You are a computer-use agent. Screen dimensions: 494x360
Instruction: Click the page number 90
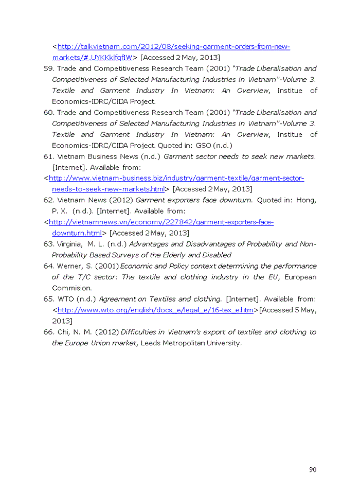point(313,469)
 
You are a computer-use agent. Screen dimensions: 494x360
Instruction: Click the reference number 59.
point(48,68)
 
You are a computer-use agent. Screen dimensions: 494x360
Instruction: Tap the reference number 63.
point(48,244)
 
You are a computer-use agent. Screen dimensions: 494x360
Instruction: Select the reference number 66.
point(48,332)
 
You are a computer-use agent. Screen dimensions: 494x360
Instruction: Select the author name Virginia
point(69,244)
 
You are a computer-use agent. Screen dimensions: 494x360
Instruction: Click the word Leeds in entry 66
point(151,343)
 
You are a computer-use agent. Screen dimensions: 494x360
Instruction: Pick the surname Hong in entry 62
point(307,200)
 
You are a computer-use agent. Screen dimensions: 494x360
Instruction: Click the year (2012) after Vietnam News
point(119,200)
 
